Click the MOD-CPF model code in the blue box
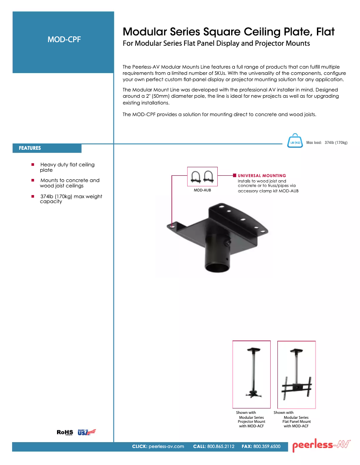[x=64, y=39]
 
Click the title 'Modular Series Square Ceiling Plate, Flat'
[x=228, y=32]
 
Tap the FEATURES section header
[x=30, y=148]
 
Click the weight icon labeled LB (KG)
[x=295, y=140]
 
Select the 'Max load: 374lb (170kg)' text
[x=326, y=143]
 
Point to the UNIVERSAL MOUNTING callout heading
[x=262, y=175]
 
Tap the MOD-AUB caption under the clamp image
[x=202, y=190]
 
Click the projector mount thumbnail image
[x=251, y=374]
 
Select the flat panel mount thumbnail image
[x=296, y=374]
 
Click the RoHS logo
[x=65, y=432]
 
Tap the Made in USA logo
[x=87, y=432]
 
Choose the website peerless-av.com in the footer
[x=166, y=447]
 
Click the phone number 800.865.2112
[x=220, y=447]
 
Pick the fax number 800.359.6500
[x=267, y=447]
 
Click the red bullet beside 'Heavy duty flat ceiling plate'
[x=33, y=165]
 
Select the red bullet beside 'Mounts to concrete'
[x=33, y=180]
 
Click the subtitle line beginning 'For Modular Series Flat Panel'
[x=216, y=44]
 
